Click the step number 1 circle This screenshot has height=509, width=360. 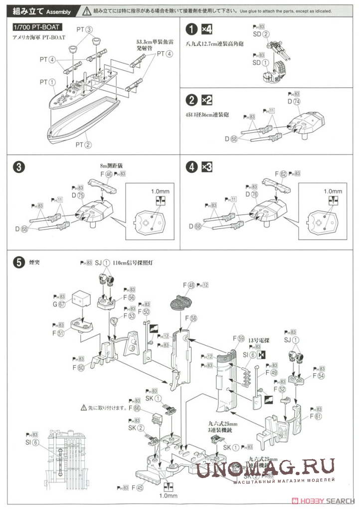(191, 30)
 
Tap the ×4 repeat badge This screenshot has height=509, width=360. (206, 30)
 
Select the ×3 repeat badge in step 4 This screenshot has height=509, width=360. (206, 167)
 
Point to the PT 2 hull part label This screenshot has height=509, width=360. (83, 145)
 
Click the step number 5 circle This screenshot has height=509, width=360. (18, 262)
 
